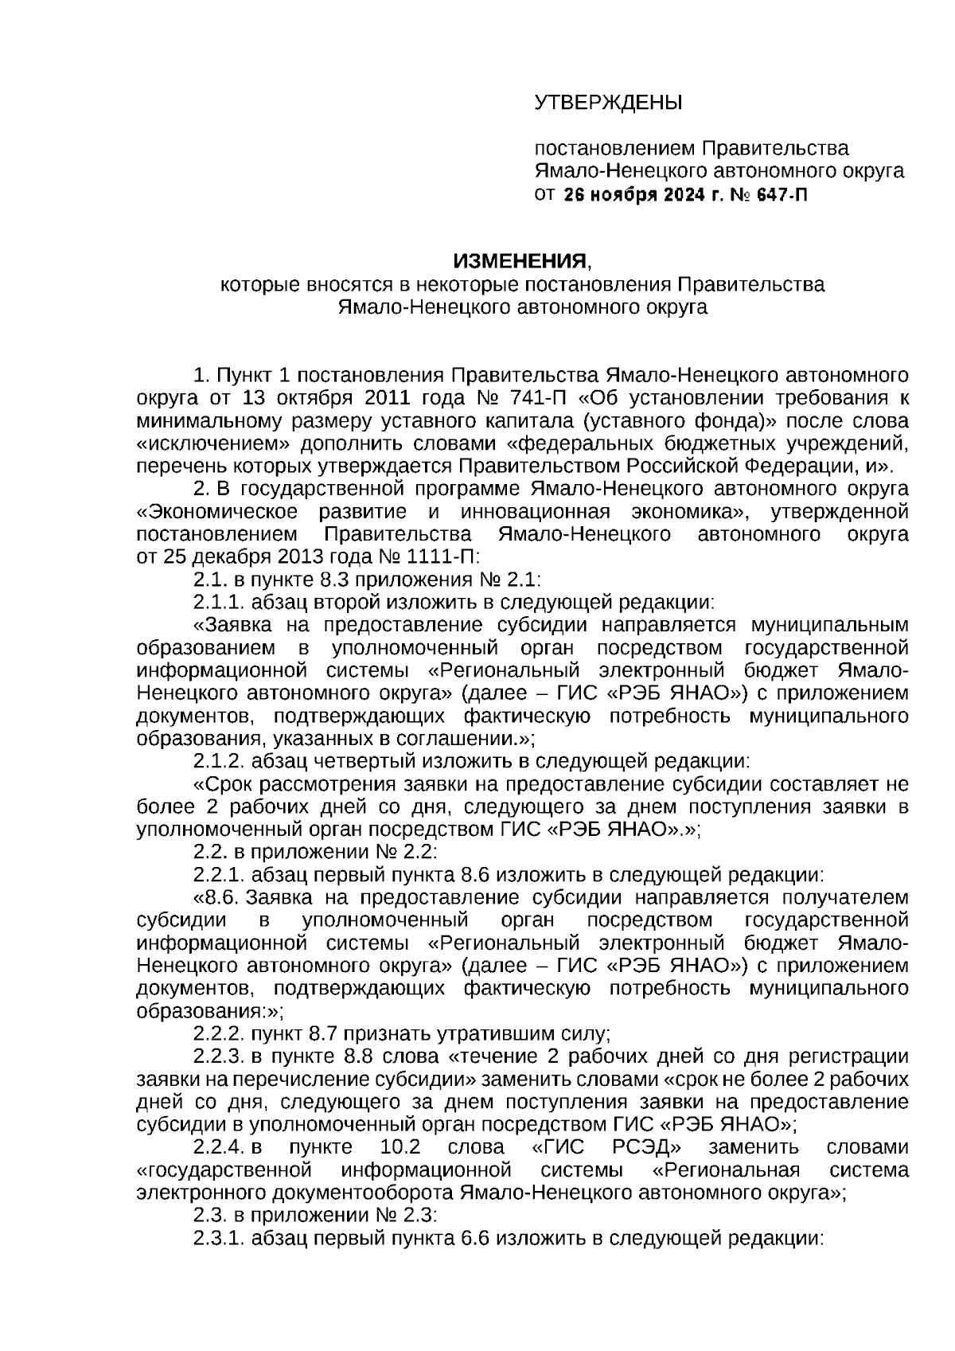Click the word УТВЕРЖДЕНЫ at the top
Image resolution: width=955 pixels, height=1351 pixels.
608,103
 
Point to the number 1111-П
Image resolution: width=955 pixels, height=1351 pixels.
436,556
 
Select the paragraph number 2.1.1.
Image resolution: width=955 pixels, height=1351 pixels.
218,602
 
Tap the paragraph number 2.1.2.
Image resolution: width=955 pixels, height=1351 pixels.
218,761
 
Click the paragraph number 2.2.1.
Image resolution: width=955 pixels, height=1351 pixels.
218,875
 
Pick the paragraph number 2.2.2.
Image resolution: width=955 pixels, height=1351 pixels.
218,1034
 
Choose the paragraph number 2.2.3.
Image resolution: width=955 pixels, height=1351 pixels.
218,1056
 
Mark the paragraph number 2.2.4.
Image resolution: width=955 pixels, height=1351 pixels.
218,1147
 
